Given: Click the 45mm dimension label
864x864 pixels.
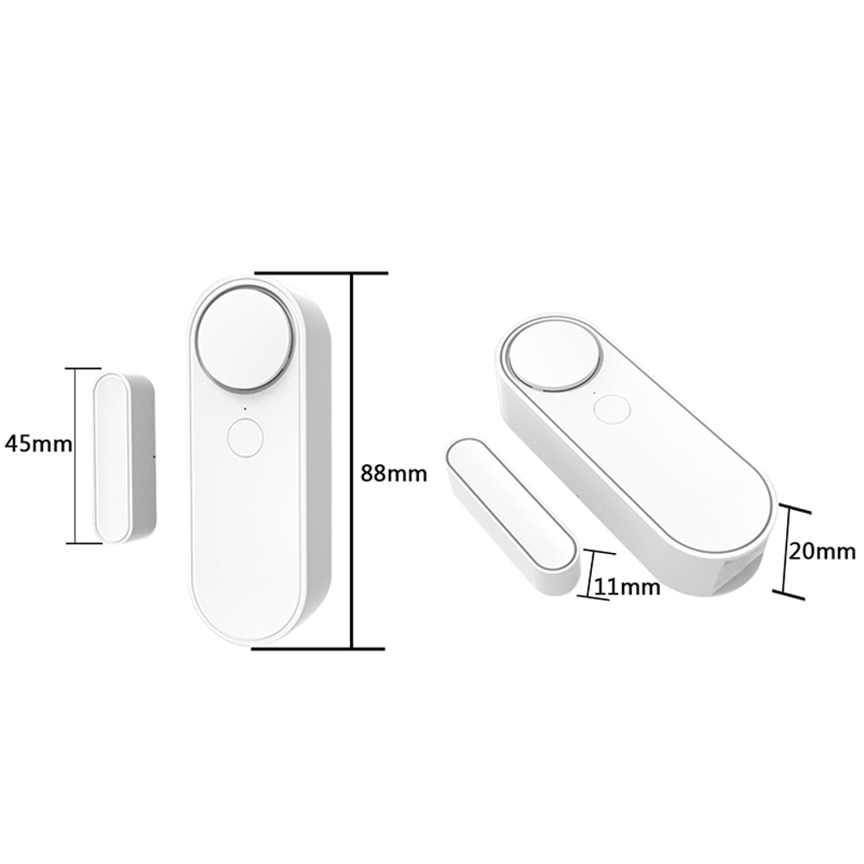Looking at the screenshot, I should (x=37, y=444).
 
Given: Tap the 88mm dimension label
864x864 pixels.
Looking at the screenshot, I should (x=393, y=473).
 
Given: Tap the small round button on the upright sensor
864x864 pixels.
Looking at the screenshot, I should (x=245, y=437).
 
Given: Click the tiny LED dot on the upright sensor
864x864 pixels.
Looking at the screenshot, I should (x=245, y=408).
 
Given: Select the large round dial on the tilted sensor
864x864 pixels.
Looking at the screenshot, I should (x=553, y=354).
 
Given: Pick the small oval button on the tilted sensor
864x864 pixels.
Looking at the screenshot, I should (x=612, y=409).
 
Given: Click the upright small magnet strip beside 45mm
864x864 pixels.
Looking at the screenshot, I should (x=113, y=457).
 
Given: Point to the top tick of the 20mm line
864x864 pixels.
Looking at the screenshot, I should (x=794, y=509).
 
